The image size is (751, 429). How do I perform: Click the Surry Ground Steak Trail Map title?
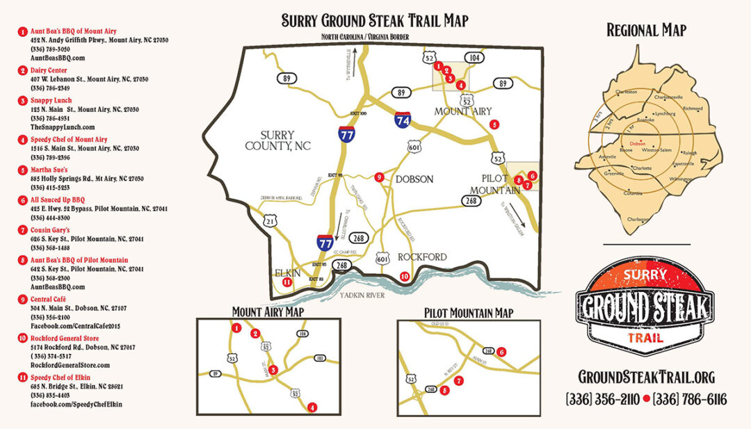(x=375, y=21)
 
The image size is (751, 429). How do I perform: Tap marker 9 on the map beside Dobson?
(x=379, y=177)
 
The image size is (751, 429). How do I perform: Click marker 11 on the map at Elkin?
(x=286, y=282)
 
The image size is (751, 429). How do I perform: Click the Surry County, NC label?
(x=277, y=140)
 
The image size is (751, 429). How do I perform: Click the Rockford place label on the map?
(x=422, y=257)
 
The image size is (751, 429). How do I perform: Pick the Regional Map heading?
(x=646, y=30)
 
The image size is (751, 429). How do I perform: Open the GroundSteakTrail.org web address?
(x=646, y=377)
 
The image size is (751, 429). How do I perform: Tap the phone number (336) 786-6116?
(x=689, y=399)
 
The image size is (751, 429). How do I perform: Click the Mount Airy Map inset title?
(x=267, y=312)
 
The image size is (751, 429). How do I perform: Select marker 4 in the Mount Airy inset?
(x=312, y=407)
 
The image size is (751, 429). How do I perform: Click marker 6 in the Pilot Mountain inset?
(x=501, y=352)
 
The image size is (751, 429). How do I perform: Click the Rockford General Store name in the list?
(x=66, y=338)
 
